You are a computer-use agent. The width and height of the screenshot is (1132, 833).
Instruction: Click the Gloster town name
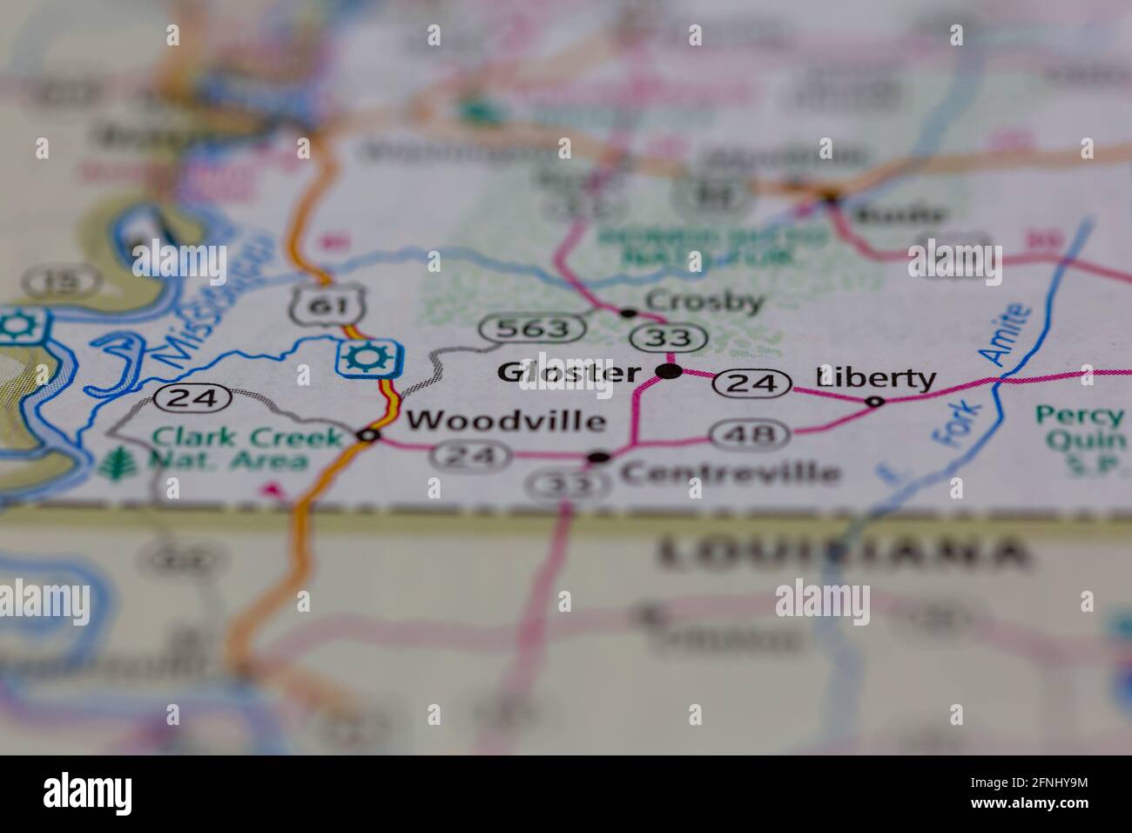coord(568,373)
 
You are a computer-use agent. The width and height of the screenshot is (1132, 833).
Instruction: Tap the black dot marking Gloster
coord(668,372)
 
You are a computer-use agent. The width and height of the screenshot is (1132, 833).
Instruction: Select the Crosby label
coord(704,302)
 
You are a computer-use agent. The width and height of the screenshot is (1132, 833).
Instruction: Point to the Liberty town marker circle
coord(874,402)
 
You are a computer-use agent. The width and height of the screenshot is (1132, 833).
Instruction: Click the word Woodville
coord(506,421)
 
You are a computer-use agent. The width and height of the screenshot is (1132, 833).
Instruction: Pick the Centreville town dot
coord(598,457)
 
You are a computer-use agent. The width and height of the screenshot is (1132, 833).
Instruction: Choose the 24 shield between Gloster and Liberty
coord(753,383)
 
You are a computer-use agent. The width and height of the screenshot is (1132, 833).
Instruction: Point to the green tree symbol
coord(112,464)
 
